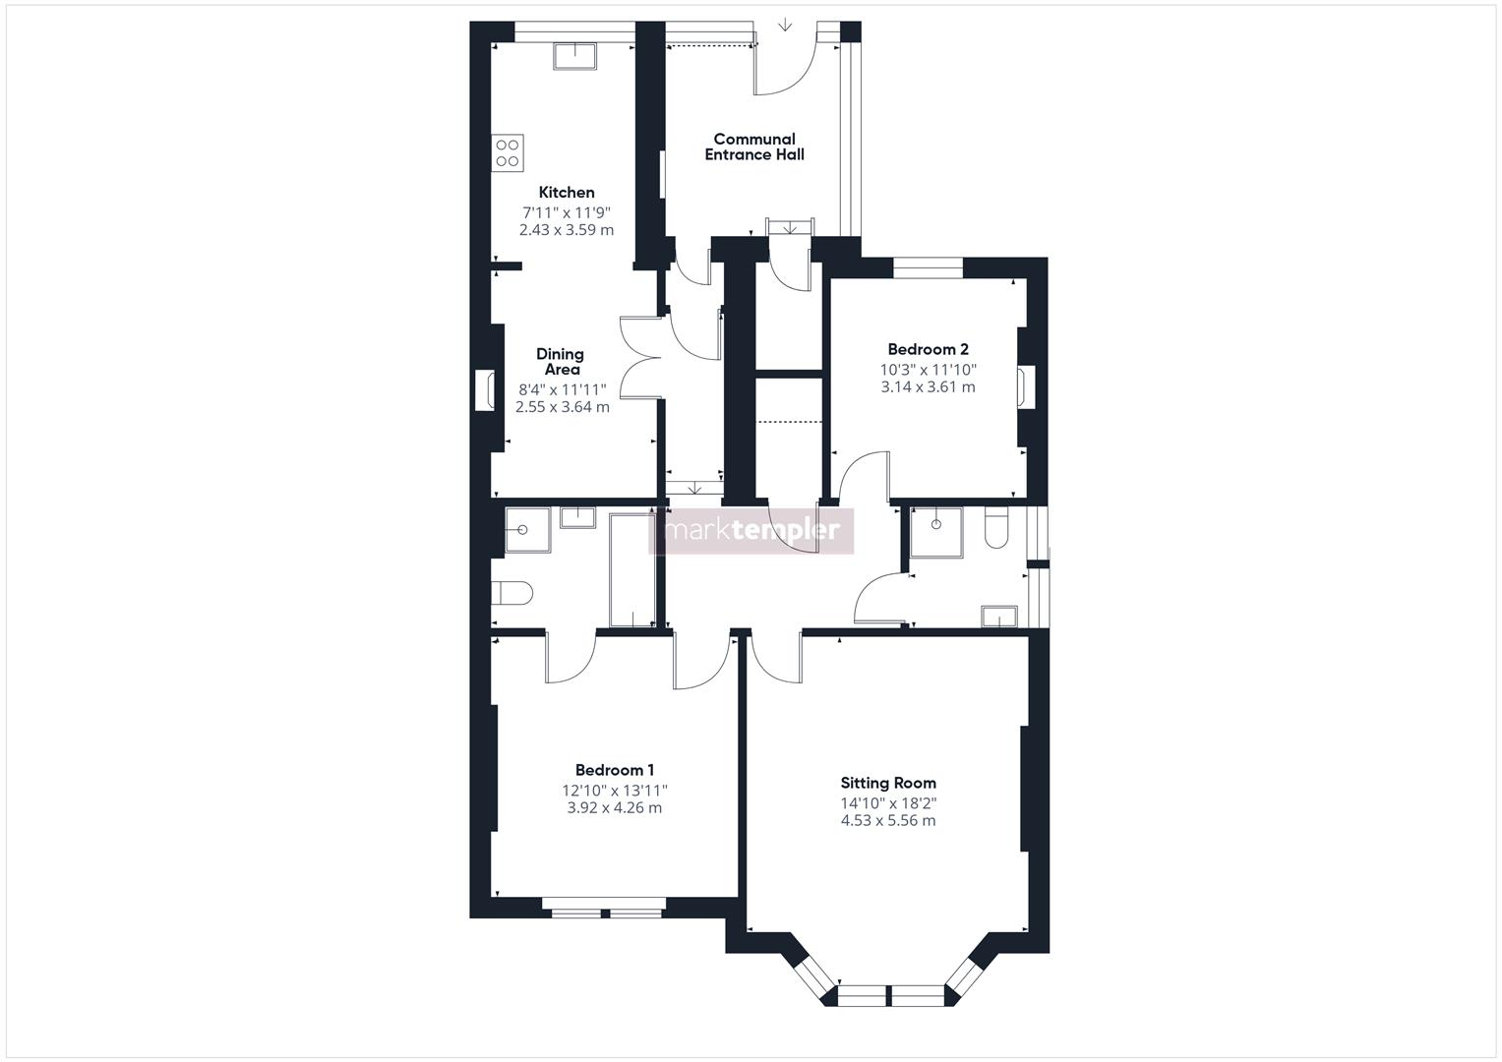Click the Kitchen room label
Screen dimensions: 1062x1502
[x=566, y=193]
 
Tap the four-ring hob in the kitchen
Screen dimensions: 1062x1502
[x=508, y=152]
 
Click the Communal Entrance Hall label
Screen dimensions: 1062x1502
[x=754, y=147]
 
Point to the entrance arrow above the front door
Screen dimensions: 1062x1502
[x=785, y=25]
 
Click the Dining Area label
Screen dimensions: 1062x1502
[x=561, y=362]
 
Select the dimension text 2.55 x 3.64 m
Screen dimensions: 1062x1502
[x=562, y=407]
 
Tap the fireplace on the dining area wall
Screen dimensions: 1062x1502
[x=484, y=389]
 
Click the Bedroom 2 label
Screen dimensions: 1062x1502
[x=928, y=349]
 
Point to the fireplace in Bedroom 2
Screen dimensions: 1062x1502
[x=1028, y=386]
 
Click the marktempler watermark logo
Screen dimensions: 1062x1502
[x=752, y=531]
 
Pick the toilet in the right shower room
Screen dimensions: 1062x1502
[x=995, y=528]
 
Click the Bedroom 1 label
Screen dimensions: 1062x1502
[x=615, y=771]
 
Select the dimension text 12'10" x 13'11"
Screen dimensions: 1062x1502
[x=615, y=791]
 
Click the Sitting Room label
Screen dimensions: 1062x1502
[x=888, y=784]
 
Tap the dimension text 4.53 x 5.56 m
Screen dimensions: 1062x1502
[x=888, y=820]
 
